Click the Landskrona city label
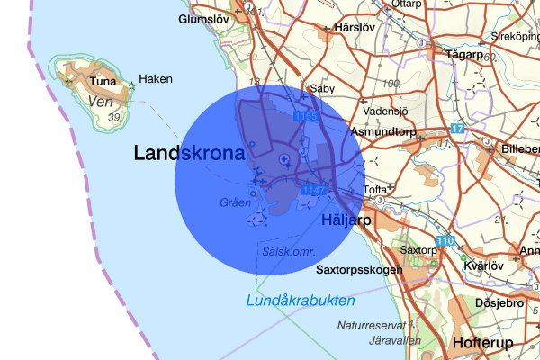[x=189, y=153]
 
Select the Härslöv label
[x=354, y=28]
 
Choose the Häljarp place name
[x=346, y=219]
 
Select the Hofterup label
[x=482, y=344]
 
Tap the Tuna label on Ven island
[x=103, y=83]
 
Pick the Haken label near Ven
[x=156, y=79]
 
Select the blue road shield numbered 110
[x=445, y=241]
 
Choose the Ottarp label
[x=407, y=4]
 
